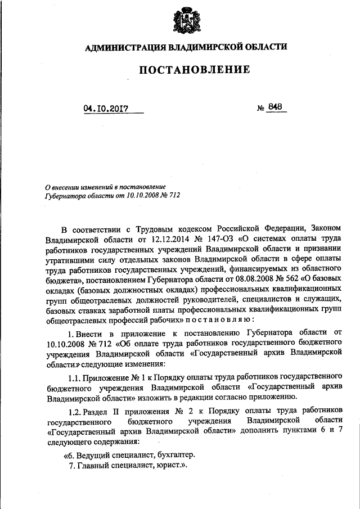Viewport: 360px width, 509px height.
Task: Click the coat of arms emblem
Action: pyautogui.click(x=185, y=20)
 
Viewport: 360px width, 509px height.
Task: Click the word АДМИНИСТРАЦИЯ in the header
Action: pyautogui.click(x=126, y=47)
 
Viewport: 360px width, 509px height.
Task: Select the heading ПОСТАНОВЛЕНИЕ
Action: pyautogui.click(x=186, y=70)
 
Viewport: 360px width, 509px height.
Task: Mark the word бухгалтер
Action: pyautogui.click(x=174, y=456)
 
